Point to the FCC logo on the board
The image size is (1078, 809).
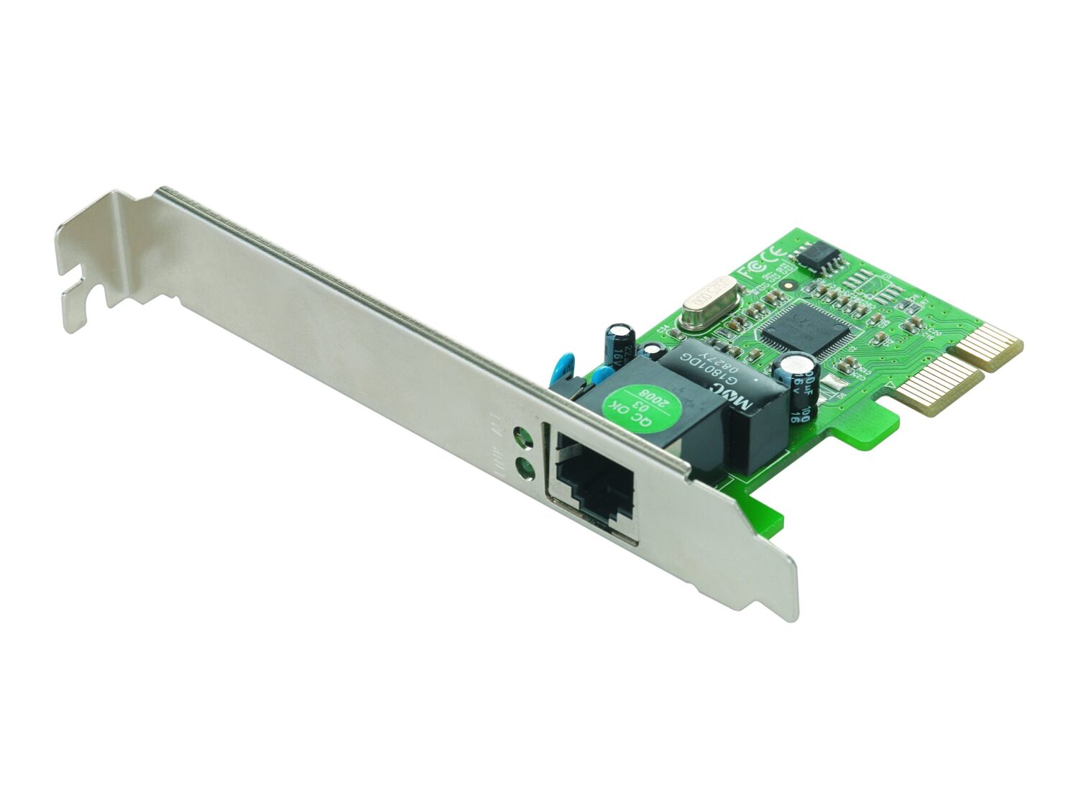[745, 268]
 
